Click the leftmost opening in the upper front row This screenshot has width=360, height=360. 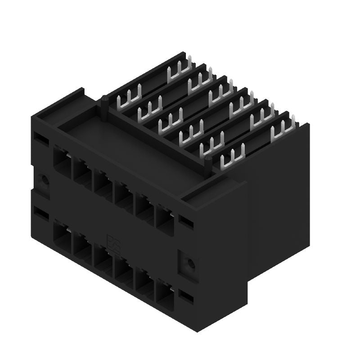pyautogui.click(x=62, y=159)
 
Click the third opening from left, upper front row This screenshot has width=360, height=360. pyautogui.click(x=102, y=184)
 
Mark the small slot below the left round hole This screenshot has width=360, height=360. pyautogui.click(x=40, y=213)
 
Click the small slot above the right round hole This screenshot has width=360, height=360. pyautogui.click(x=185, y=220)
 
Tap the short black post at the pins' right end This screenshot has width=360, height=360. pyautogui.click(x=208, y=164)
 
